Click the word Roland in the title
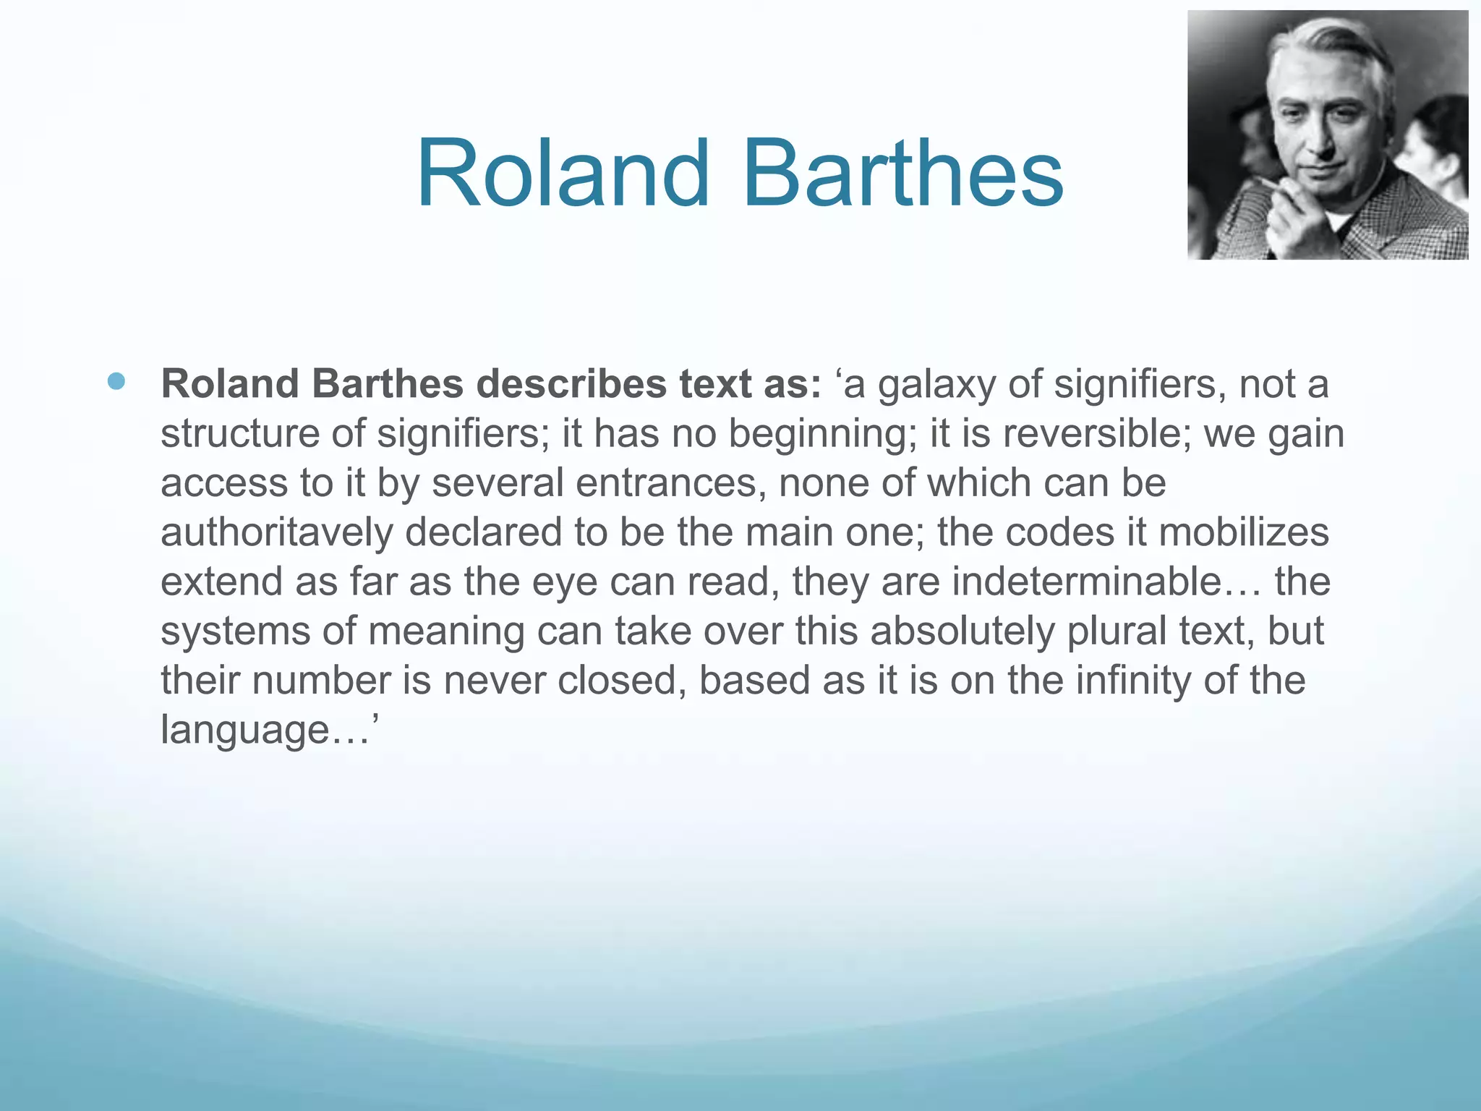(563, 174)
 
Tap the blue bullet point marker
(116, 381)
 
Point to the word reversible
(1096, 433)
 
